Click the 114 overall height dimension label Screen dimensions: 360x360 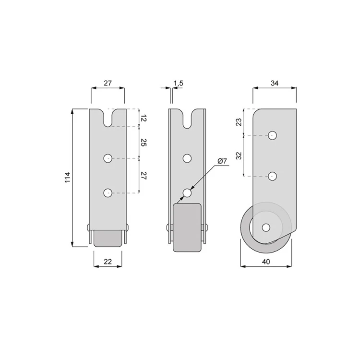(67, 178)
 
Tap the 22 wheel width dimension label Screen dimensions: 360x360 (108, 262)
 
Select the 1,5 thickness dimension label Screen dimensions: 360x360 (179, 83)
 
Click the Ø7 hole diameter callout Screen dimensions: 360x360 (222, 161)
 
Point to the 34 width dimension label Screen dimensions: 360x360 (275, 83)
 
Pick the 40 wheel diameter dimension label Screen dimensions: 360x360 (266, 262)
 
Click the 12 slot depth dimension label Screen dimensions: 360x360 (143, 119)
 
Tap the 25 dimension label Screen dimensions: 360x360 (143, 143)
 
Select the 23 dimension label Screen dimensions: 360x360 (239, 122)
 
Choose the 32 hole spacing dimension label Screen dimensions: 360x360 (239, 156)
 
